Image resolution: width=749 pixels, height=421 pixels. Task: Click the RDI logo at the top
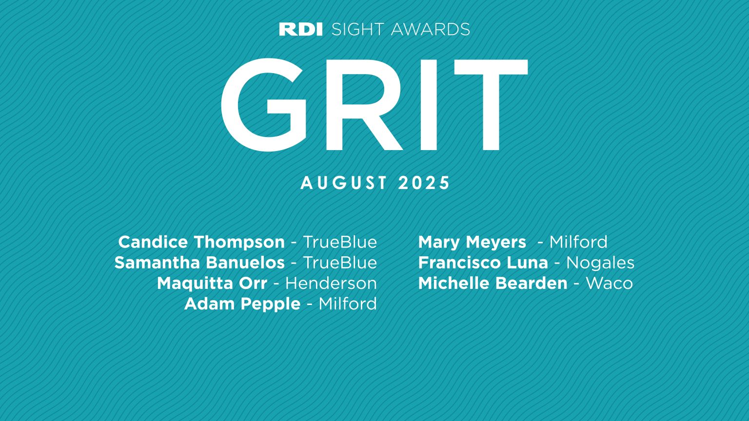pos(301,29)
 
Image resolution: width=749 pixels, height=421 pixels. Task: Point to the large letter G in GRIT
pos(264,105)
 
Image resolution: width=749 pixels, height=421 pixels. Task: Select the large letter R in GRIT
pos(362,105)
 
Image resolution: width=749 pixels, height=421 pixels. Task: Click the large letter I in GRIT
pos(429,105)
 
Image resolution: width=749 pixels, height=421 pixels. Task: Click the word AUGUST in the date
pos(344,183)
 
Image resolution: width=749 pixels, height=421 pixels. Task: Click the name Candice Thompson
pos(201,242)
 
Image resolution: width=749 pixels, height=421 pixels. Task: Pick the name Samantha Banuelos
pos(199,263)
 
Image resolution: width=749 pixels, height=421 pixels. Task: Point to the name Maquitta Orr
pos(212,283)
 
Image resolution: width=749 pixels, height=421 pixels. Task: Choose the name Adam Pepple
pos(242,304)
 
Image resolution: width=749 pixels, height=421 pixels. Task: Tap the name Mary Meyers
pos(472,242)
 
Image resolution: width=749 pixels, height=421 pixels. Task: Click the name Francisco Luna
pos(483,263)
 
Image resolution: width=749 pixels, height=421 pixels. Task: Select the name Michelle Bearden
pos(493,283)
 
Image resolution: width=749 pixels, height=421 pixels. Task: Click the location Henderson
pos(331,283)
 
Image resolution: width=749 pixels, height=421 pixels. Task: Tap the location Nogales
pos(600,263)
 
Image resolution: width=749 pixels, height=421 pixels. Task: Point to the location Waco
pos(609,283)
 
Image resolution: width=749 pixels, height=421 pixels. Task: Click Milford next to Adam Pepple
pos(348,304)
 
